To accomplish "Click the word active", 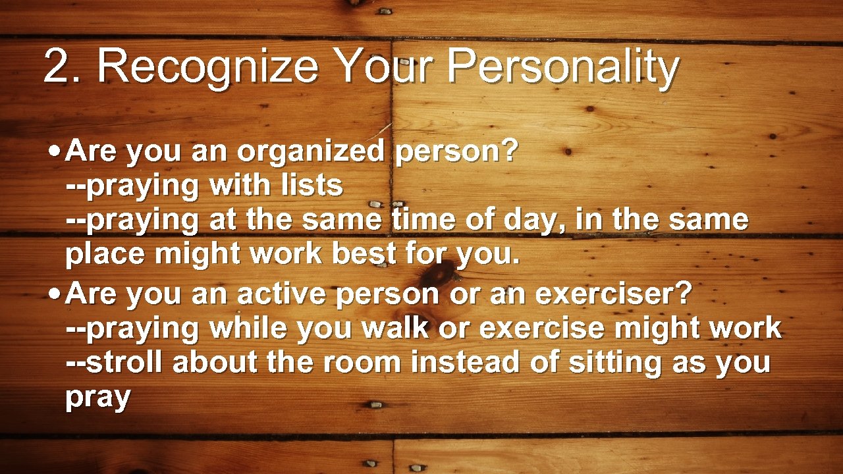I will pyautogui.click(x=282, y=294).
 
